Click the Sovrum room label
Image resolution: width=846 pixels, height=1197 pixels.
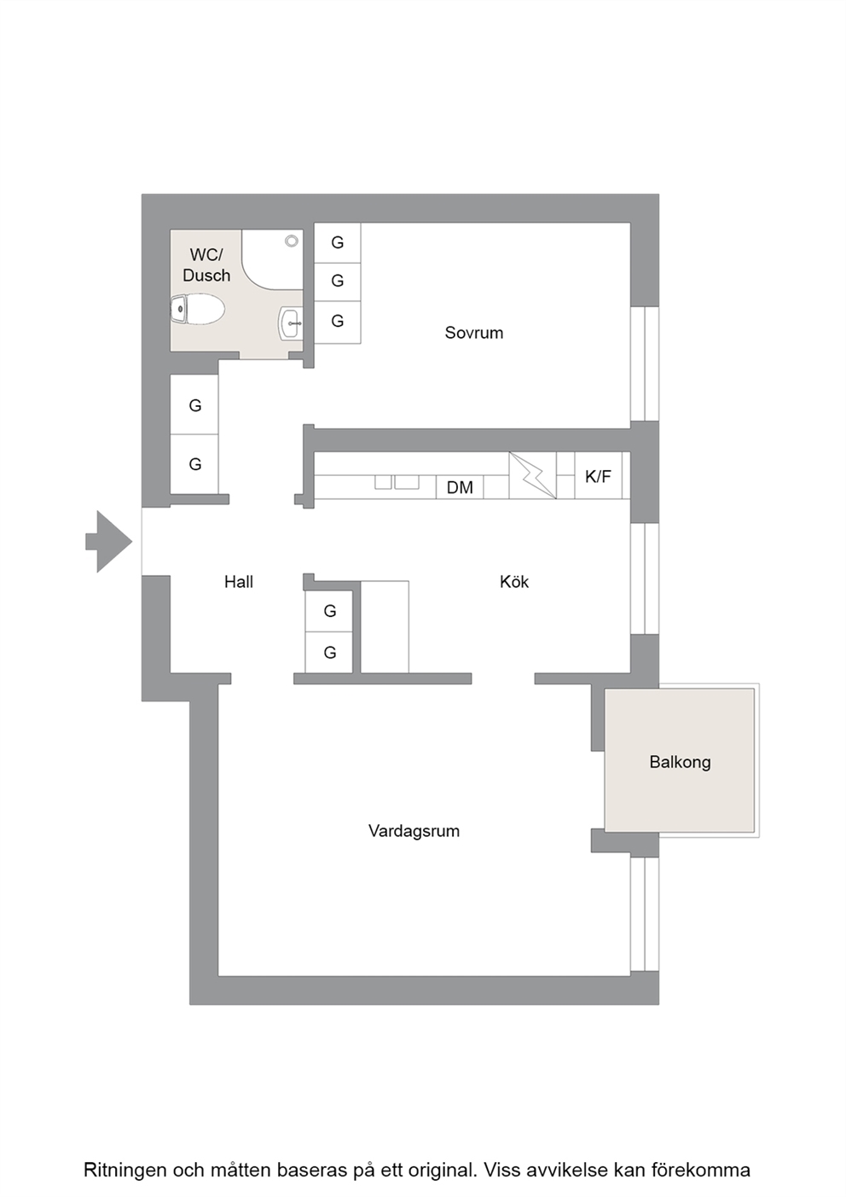473,333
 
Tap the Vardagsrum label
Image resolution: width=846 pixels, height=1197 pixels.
414,831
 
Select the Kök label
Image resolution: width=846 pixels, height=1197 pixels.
513,581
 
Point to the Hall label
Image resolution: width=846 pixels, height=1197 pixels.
238,581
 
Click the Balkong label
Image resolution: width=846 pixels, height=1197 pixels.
680,762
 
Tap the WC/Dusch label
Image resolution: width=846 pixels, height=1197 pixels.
206,265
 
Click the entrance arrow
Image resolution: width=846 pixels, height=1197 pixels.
109,541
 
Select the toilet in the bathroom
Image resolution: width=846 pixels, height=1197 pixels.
197,309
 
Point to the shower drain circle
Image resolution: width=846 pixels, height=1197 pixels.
292,241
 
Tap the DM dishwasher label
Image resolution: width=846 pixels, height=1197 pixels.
460,487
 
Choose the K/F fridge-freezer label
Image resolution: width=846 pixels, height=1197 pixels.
598,476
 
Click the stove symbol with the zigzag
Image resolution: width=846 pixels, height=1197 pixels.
532,475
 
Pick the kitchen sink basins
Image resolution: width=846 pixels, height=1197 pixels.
397,481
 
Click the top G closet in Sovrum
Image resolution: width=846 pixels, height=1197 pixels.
337,242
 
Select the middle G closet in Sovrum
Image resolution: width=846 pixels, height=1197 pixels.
337,282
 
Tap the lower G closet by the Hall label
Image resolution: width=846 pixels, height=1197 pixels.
329,652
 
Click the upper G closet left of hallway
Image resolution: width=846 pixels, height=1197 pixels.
194,404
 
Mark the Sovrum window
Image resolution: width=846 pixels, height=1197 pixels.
645,363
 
